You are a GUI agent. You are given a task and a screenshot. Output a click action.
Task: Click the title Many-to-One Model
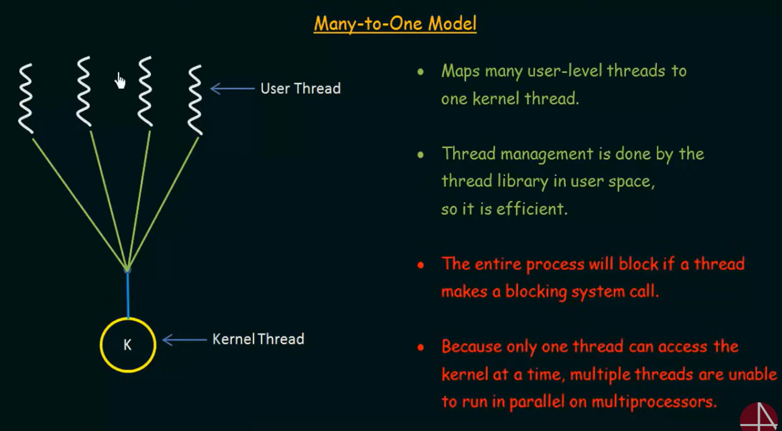395,24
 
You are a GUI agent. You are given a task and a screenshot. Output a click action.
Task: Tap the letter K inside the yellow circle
127,345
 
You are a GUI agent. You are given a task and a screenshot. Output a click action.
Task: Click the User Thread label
300,88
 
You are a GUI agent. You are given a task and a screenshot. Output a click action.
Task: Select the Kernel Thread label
258,339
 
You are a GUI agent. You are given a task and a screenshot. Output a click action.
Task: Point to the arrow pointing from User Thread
233,89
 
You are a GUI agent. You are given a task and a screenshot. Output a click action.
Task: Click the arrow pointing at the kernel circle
185,340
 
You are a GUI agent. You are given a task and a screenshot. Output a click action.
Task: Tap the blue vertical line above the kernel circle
128,295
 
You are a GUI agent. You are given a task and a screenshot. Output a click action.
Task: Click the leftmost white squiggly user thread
26,99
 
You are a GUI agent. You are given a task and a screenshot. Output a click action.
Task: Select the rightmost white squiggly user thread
195,100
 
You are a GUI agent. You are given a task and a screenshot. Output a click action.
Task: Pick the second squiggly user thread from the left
84,91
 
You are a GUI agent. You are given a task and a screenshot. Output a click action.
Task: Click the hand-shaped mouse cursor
120,81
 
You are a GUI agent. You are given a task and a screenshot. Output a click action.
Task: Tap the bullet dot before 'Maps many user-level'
420,72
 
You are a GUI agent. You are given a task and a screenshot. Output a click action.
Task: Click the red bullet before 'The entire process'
420,265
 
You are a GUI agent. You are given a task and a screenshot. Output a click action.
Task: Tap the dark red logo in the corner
760,417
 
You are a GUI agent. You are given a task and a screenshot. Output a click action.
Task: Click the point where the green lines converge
127,270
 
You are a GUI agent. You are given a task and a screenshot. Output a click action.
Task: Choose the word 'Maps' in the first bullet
461,71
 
